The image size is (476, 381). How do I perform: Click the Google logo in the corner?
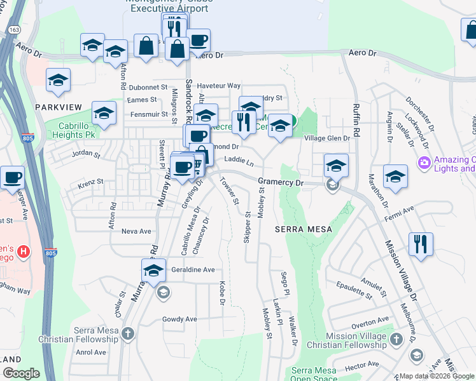point(21,373)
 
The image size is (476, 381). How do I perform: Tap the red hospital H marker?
point(24,252)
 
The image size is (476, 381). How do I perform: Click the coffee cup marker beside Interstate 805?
point(11,177)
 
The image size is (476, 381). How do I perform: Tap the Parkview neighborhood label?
point(57,107)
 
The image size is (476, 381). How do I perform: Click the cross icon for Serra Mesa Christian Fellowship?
point(128,333)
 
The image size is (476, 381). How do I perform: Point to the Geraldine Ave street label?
point(193,270)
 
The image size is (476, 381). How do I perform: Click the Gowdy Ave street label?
point(179,319)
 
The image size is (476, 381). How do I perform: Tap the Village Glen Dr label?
point(327,138)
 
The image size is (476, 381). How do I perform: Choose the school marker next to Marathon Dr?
point(395,177)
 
